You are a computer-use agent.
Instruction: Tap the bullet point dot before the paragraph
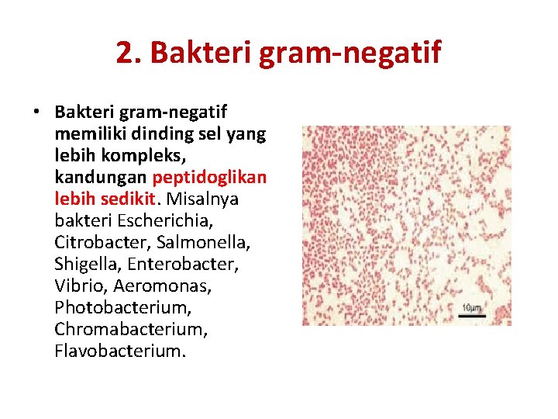[x=36, y=113]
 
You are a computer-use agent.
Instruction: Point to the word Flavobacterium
[x=119, y=351]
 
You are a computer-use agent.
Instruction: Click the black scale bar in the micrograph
[x=472, y=316]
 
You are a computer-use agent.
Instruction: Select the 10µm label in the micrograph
[x=472, y=308]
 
